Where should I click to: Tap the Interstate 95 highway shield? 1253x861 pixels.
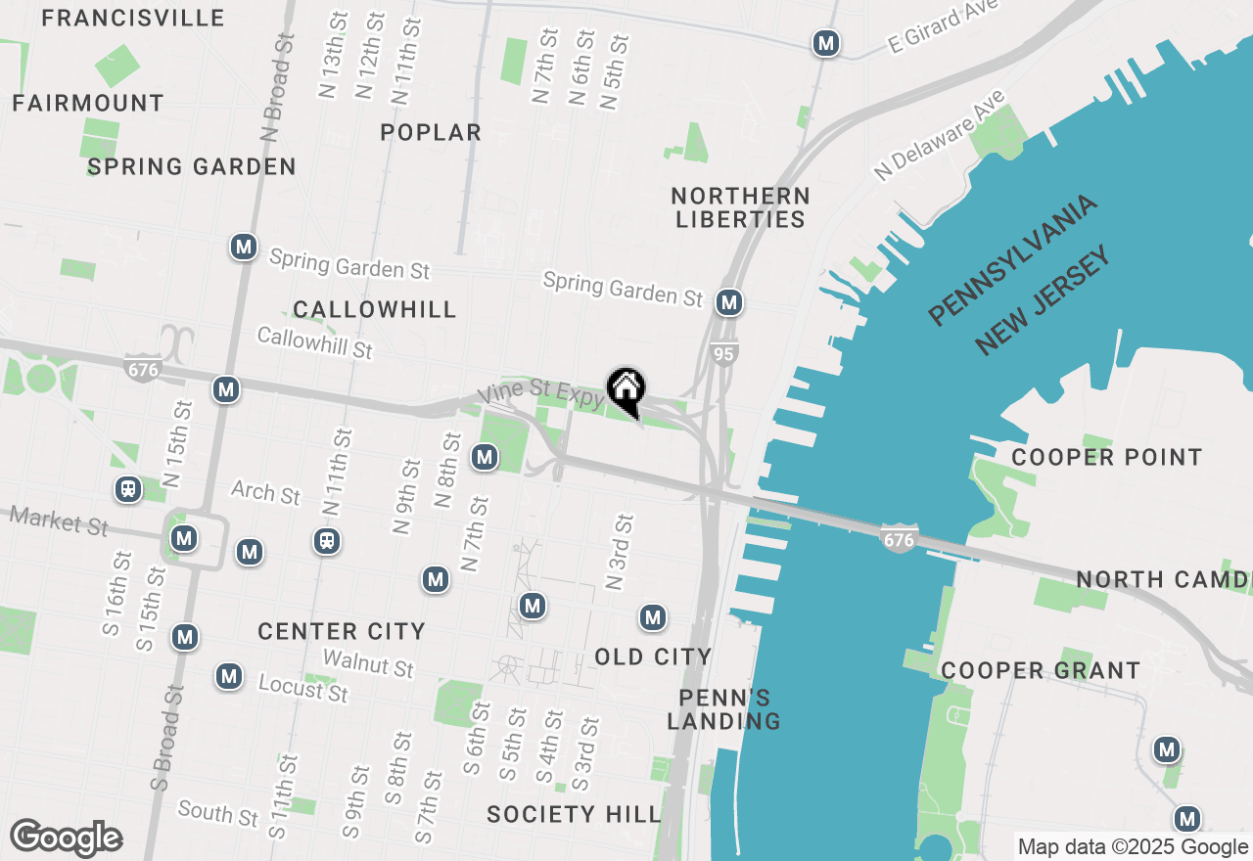point(723,354)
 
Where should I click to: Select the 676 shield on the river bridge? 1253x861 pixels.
point(899,538)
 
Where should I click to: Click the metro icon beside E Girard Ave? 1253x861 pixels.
point(827,43)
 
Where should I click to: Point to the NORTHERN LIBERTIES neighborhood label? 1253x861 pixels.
point(740,207)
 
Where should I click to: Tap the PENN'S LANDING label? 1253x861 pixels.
point(723,709)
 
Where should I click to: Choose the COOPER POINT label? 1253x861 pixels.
point(1106,457)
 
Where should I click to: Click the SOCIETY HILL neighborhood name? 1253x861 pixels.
point(574,814)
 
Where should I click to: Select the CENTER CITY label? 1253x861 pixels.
point(342,631)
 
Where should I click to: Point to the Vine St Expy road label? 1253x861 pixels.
point(540,393)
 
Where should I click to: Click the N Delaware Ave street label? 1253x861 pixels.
point(940,136)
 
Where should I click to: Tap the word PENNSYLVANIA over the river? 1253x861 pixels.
point(1012,259)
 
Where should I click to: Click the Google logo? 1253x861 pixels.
point(66,838)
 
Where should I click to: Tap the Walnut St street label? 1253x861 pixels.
point(368,664)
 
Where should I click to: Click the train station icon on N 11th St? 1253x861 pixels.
point(327,540)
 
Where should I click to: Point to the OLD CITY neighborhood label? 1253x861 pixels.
point(653,656)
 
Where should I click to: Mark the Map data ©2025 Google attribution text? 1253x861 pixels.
point(1133,847)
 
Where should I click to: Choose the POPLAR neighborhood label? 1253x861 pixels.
point(431,132)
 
